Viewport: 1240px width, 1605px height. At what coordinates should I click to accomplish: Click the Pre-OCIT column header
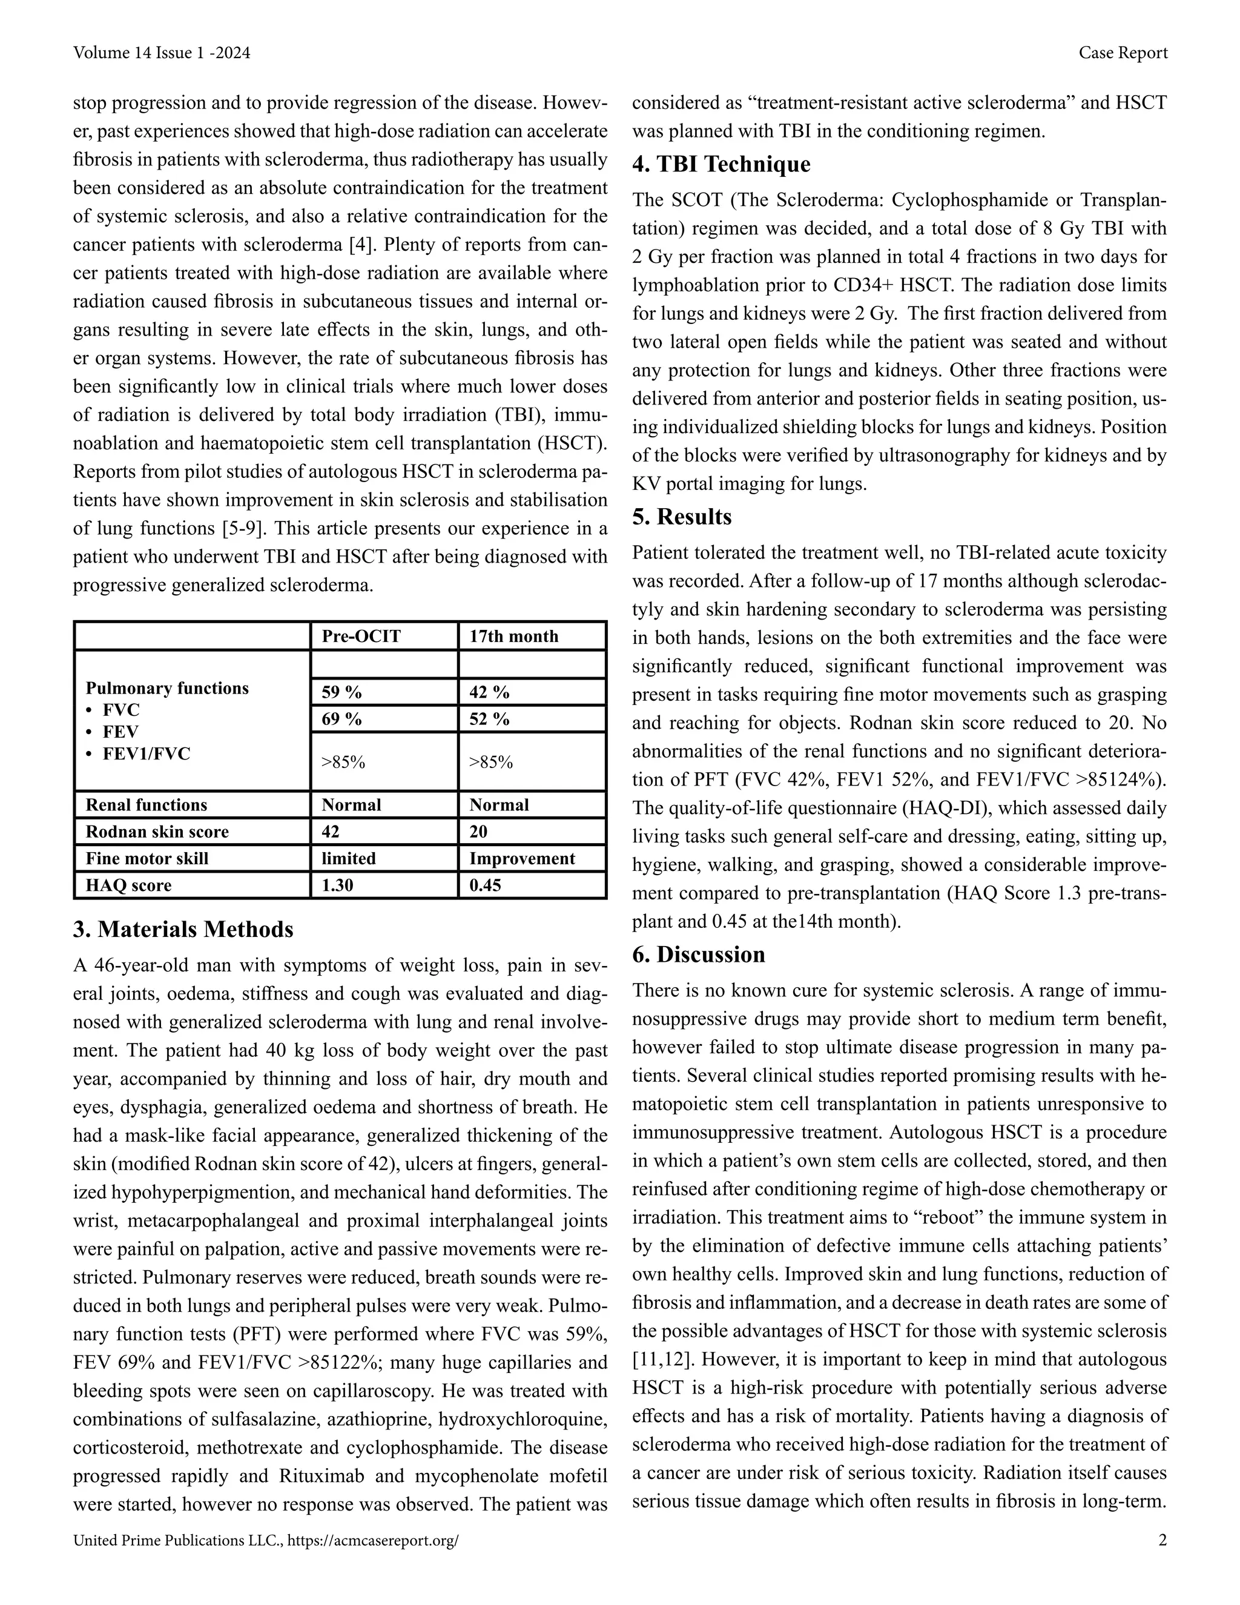tap(361, 637)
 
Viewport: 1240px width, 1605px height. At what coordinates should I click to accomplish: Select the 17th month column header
tap(513, 637)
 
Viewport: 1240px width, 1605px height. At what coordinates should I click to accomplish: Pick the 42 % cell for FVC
tap(489, 692)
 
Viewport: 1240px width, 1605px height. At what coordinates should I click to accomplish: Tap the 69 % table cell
tap(341, 719)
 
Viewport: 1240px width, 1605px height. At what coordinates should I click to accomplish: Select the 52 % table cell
tap(489, 719)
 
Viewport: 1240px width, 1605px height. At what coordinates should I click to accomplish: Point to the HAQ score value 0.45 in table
tap(486, 885)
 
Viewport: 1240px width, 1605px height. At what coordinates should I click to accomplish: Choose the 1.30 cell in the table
tap(337, 885)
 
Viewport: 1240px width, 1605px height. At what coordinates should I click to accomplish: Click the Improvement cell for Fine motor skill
tap(523, 858)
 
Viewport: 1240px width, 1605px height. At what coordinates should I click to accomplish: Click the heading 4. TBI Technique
tap(721, 164)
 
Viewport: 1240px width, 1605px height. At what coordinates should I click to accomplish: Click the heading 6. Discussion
tap(698, 955)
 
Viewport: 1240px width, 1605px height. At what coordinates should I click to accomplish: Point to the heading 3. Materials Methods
tap(183, 930)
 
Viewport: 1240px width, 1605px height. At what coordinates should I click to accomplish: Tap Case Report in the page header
tap(1123, 53)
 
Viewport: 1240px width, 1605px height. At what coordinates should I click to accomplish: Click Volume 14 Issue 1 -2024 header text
tap(162, 53)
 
